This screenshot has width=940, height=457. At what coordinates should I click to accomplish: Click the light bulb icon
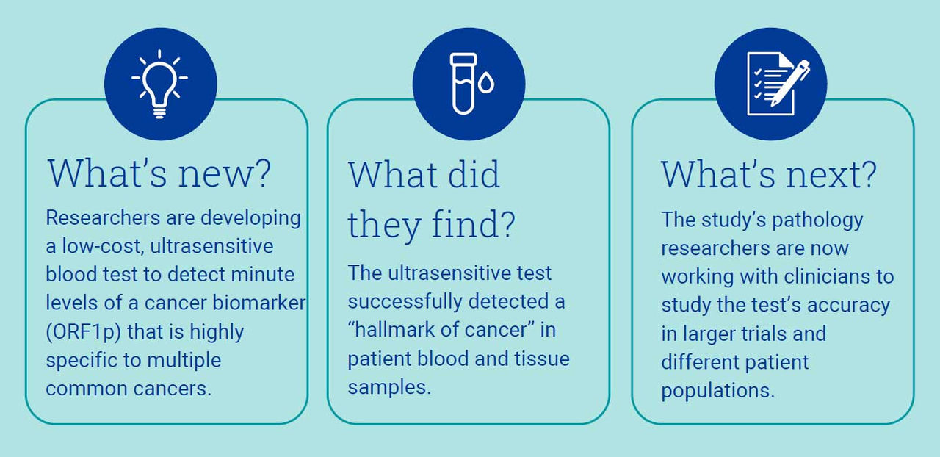(x=159, y=84)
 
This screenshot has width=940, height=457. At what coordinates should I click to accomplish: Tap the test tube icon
(x=463, y=84)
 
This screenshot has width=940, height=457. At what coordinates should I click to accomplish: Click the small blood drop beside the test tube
(x=486, y=82)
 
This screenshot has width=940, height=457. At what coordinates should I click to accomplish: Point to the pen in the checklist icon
(x=789, y=83)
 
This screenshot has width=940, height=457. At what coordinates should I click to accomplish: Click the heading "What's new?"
(x=159, y=173)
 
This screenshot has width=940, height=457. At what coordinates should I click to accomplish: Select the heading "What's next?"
(x=769, y=174)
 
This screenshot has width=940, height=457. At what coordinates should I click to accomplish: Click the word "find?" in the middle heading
(x=473, y=224)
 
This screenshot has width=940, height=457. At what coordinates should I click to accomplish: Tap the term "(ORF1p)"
(x=84, y=332)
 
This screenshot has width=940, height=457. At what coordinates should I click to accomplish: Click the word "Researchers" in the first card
(x=103, y=217)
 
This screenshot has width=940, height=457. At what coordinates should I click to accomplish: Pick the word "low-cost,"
(x=104, y=246)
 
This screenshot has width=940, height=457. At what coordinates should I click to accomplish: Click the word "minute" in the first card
(x=263, y=275)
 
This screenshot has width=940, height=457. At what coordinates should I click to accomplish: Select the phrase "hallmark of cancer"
(x=441, y=329)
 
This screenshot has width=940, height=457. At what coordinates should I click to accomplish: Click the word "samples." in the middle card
(x=389, y=387)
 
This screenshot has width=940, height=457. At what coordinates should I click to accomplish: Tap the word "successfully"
(x=405, y=301)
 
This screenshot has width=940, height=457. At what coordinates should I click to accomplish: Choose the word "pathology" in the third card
(x=817, y=220)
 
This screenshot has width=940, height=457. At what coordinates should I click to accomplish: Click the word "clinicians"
(x=827, y=276)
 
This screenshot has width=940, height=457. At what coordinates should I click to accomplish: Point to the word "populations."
(x=717, y=391)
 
